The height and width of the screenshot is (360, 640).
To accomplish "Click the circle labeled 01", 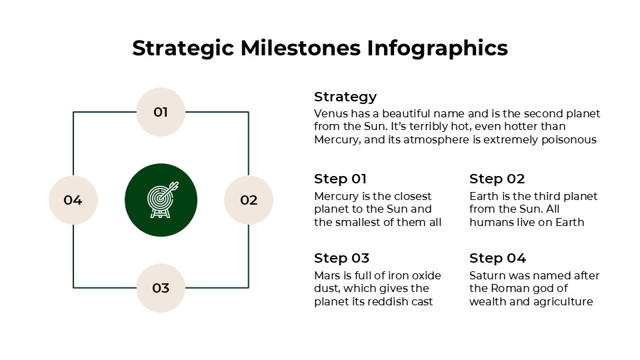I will click(x=161, y=112).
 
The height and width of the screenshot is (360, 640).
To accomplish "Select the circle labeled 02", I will click(x=249, y=200).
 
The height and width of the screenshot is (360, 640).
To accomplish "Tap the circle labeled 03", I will click(x=161, y=288).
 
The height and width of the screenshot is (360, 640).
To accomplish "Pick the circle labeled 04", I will click(x=73, y=200).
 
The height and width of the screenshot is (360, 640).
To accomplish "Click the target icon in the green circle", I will click(x=161, y=200).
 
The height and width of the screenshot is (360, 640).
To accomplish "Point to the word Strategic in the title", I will click(x=182, y=49).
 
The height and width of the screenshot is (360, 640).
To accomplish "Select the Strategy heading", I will click(x=345, y=97).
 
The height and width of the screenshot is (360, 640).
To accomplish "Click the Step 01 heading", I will click(x=340, y=179).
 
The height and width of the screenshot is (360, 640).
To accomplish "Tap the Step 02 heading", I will click(x=497, y=179).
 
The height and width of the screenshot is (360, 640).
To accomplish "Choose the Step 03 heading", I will click(x=341, y=258).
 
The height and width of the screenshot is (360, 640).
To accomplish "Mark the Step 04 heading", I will click(x=497, y=258).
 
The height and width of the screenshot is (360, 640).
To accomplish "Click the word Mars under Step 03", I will click(x=327, y=275).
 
